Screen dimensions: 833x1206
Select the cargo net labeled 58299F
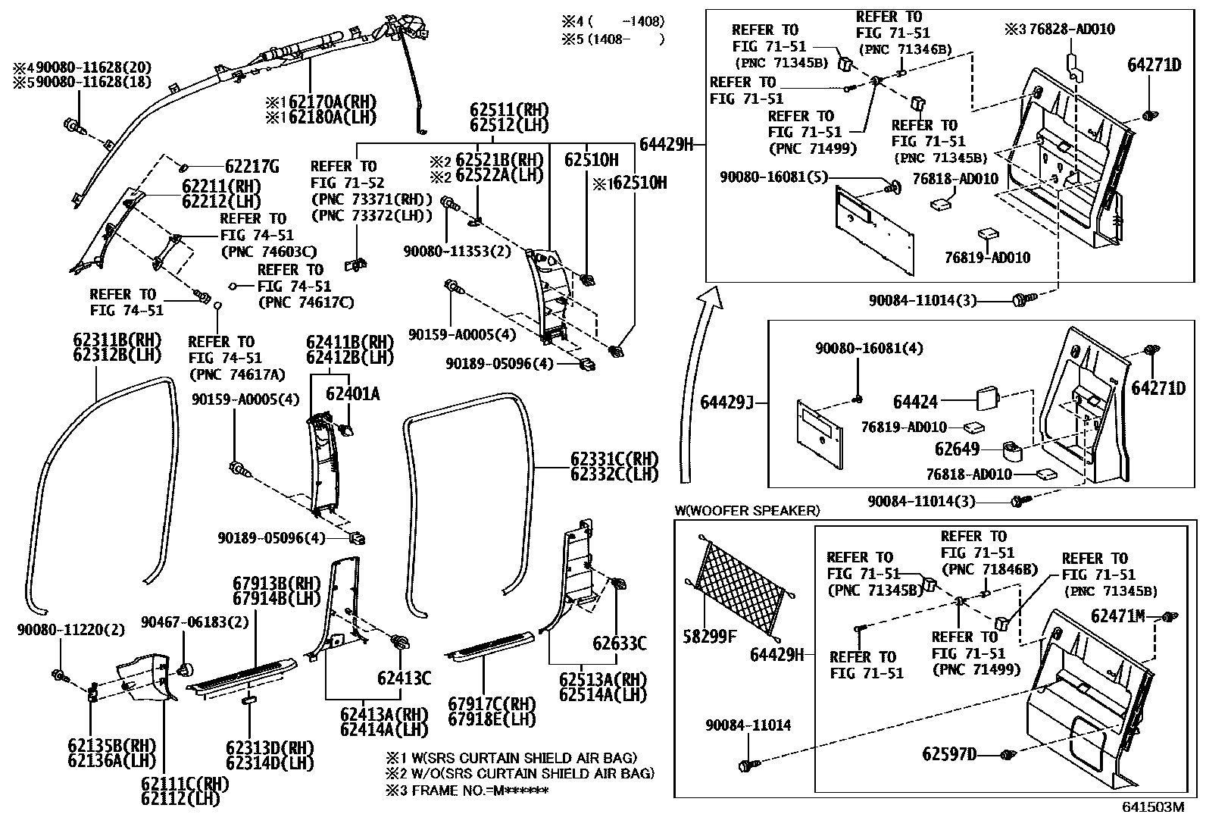pyautogui.click(x=739, y=582)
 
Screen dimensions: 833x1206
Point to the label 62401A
pyautogui.click(x=352, y=393)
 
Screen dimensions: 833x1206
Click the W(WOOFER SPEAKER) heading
pyautogui.click(x=746, y=511)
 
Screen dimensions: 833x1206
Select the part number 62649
pyautogui.click(x=957, y=449)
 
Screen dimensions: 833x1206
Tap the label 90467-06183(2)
pyautogui.click(x=194, y=622)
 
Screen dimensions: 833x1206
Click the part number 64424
pyautogui.click(x=915, y=402)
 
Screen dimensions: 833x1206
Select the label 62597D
pyautogui.click(x=949, y=754)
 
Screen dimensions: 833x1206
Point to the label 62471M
pyautogui.click(x=1117, y=615)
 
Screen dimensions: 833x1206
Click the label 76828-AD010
pyautogui.click(x=1071, y=30)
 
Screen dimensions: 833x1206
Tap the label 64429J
pyautogui.click(x=726, y=402)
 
